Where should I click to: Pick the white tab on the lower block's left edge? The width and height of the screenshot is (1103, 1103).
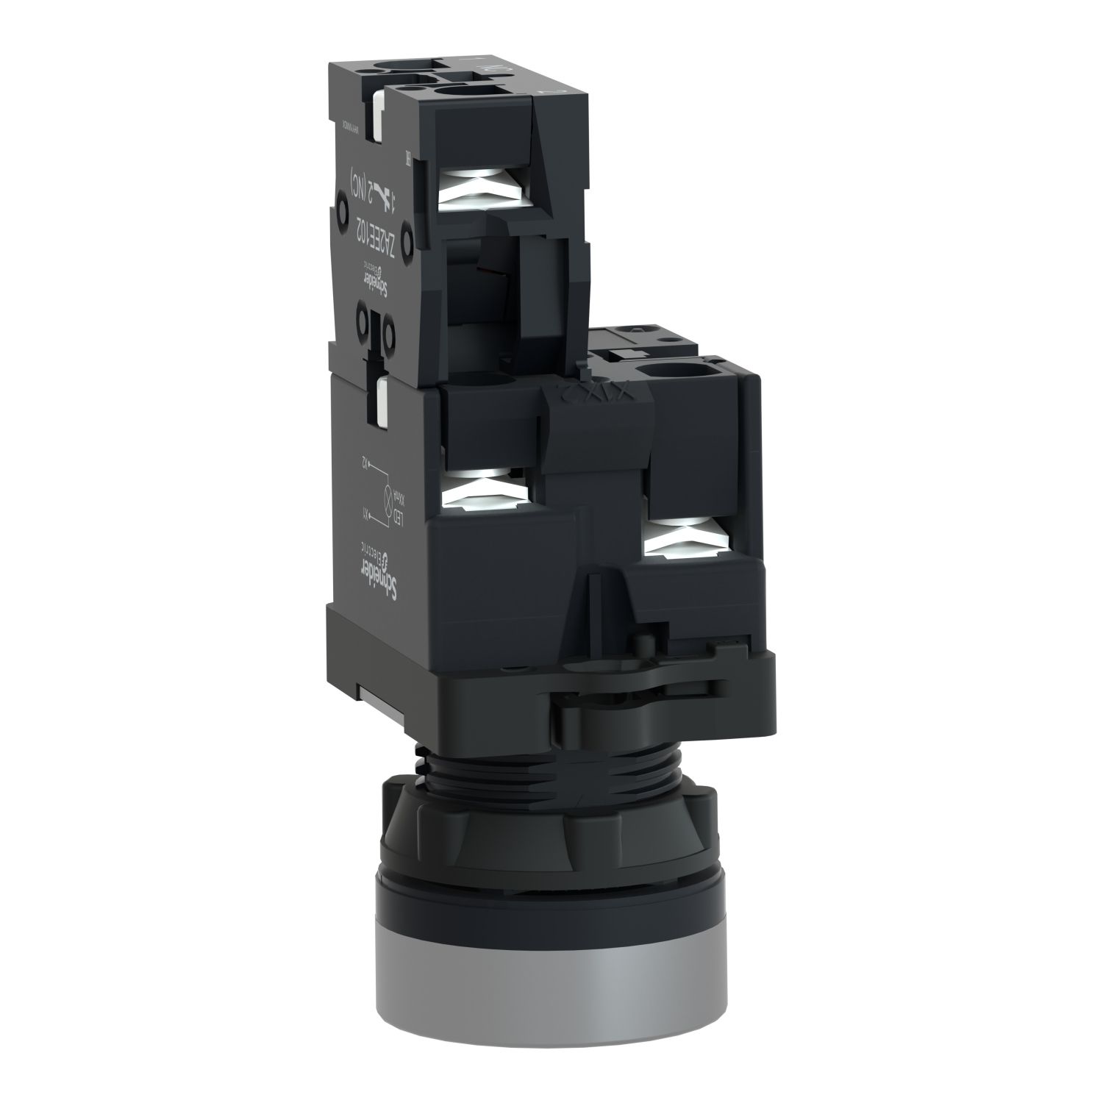pos(383,401)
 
